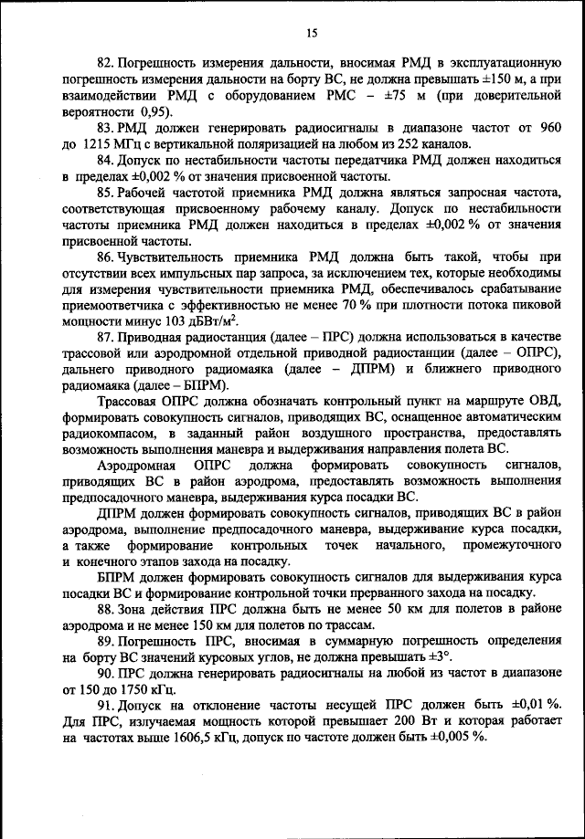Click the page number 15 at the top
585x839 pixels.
click(x=311, y=34)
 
